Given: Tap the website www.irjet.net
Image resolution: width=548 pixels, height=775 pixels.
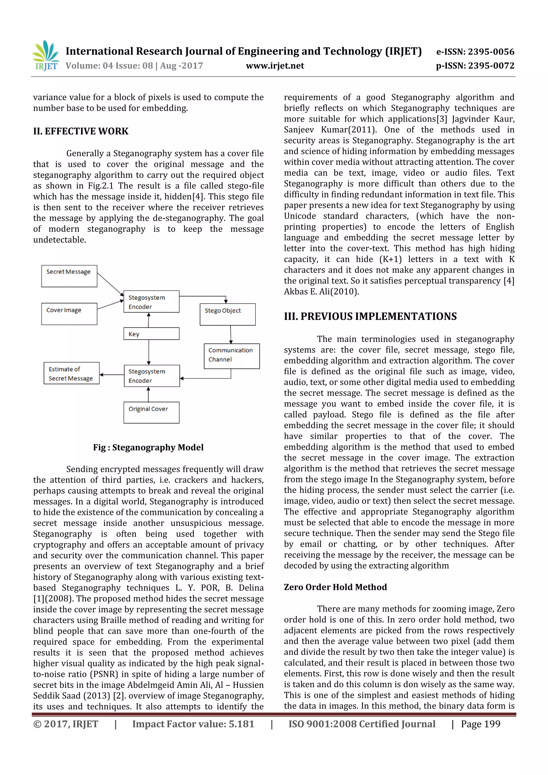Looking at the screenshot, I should click(x=275, y=66).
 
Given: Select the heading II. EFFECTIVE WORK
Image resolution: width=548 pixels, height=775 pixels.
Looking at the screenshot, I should click(x=81, y=131).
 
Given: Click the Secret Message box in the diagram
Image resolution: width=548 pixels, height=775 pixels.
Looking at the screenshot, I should click(x=69, y=276).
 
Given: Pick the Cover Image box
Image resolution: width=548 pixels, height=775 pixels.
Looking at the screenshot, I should click(x=69, y=314).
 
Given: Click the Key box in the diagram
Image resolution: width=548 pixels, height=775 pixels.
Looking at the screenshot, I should click(x=151, y=334).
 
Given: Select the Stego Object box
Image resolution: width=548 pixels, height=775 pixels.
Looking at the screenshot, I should click(x=227, y=314).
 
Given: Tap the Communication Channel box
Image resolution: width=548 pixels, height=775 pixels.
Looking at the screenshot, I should click(x=232, y=356).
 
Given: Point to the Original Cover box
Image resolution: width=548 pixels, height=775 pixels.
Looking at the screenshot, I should click(x=151, y=412).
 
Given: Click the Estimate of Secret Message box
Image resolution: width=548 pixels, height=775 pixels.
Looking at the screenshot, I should click(x=71, y=373).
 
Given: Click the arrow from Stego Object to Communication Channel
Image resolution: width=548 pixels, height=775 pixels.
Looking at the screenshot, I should click(x=231, y=334).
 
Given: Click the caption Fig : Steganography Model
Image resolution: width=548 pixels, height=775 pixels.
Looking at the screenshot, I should click(x=148, y=447).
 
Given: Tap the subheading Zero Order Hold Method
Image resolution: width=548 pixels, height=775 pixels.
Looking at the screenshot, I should click(x=335, y=587).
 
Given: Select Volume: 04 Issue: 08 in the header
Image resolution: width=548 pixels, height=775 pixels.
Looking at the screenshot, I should click(x=109, y=66).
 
